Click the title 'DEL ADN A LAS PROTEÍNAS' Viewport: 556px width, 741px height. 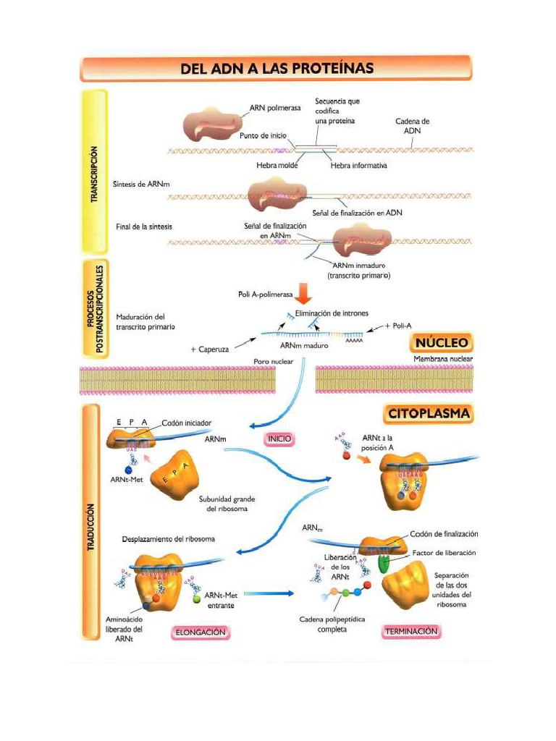tap(277, 69)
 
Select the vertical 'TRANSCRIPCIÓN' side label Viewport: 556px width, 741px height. tap(94, 174)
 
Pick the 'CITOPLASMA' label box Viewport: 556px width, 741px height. tap(429, 414)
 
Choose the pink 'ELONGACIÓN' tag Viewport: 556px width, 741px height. tap(200, 632)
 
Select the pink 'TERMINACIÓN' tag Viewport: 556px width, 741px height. tap(410, 631)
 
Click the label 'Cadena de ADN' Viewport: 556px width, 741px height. tap(413, 126)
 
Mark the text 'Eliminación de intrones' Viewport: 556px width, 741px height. tap(332, 313)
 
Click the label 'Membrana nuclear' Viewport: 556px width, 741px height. tap(442, 358)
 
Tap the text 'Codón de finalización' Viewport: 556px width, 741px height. tap(444, 534)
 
